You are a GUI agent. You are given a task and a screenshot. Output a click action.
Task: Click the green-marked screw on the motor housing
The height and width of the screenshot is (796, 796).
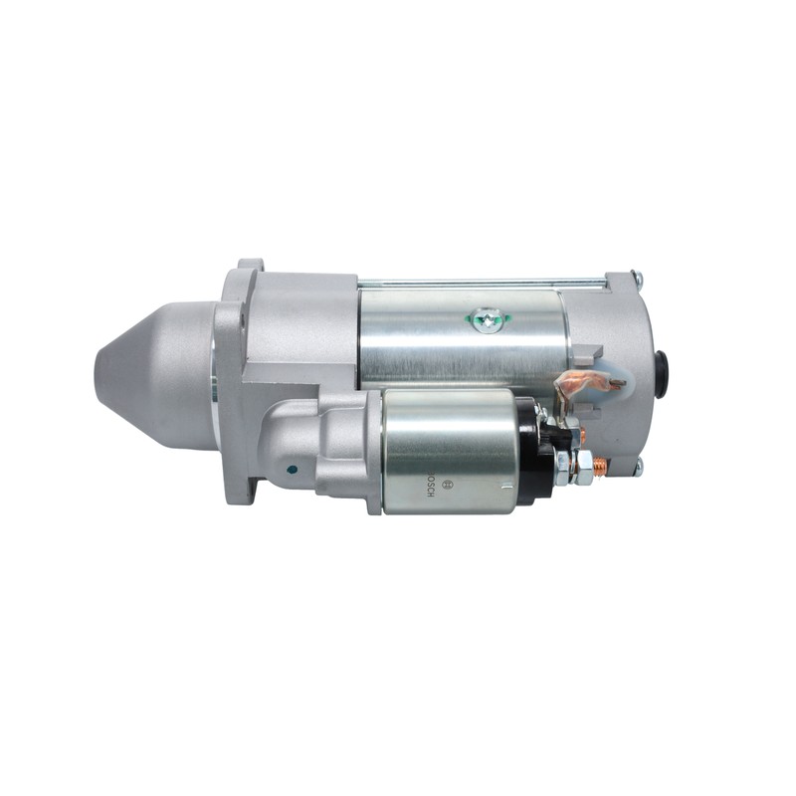488,319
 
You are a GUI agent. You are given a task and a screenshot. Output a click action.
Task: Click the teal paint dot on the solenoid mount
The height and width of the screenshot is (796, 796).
292,470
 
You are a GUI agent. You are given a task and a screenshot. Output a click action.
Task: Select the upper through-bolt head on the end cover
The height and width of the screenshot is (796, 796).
638,278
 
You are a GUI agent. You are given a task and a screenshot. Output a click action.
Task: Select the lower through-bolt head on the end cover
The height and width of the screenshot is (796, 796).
638,465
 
